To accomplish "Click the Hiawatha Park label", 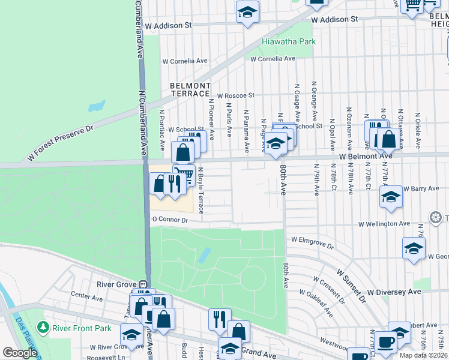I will point(289,42).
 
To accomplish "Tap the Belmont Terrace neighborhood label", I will point(190,90).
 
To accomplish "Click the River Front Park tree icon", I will point(43,328).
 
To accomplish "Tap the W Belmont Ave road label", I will point(366,155).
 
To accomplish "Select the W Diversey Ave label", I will point(394,292).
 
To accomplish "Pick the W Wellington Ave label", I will point(384,224).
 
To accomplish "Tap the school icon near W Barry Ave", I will point(391,197).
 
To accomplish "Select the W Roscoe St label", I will point(236,95).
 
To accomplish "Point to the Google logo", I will point(20,353).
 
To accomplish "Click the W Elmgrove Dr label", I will point(312,239).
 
